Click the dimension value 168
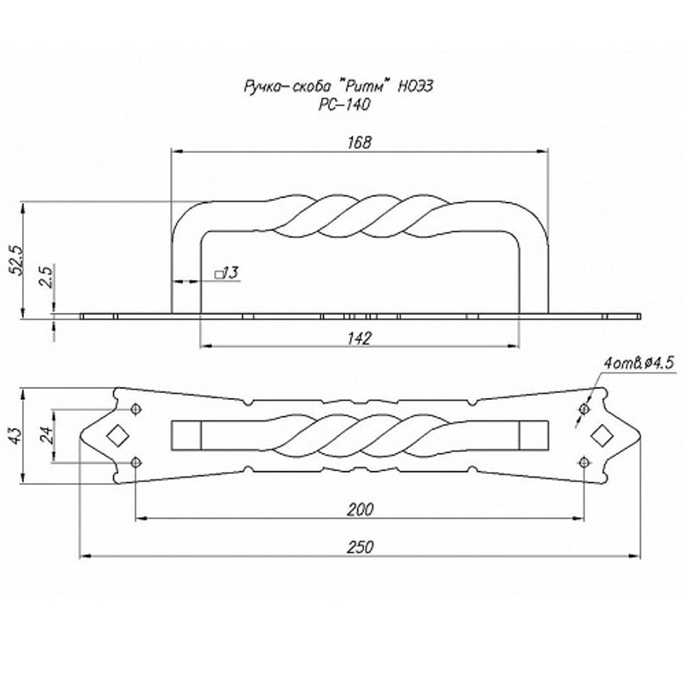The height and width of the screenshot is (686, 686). (359, 143)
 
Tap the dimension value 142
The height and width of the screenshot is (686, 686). (359, 338)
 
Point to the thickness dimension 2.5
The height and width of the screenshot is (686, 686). (47, 276)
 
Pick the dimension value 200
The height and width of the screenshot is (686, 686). (361, 509)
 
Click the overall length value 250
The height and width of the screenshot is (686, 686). (361, 547)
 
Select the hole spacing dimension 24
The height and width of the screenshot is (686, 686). (47, 435)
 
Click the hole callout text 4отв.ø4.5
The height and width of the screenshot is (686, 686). (638, 363)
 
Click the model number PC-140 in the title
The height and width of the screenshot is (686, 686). (344, 104)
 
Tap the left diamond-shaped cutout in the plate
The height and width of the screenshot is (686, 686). (117, 436)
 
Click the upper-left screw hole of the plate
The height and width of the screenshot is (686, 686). (137, 409)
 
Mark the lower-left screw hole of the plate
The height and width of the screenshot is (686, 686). (137, 462)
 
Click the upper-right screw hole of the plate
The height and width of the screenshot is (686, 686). (584, 409)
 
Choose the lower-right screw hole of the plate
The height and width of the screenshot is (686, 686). (584, 462)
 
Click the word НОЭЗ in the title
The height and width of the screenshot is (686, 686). (415, 86)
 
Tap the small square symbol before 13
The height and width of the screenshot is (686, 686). (218, 275)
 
